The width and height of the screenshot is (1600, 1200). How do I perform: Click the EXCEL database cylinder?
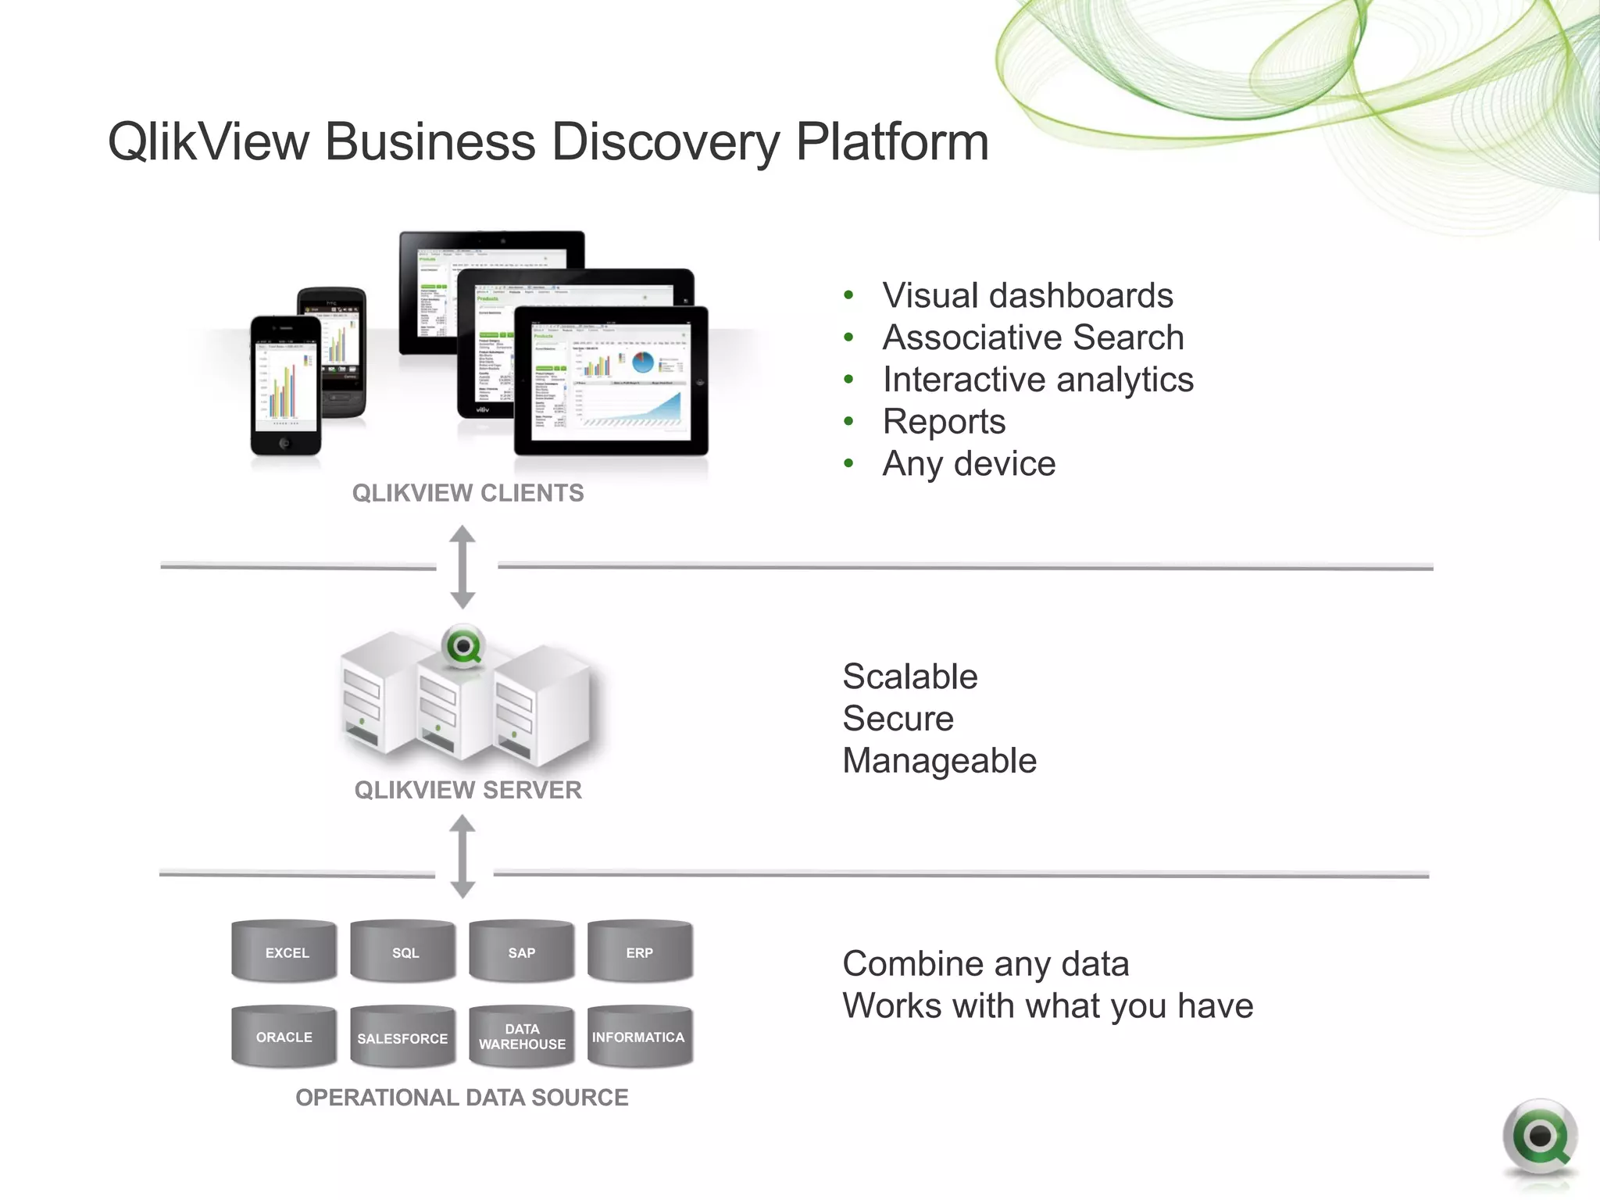(285, 952)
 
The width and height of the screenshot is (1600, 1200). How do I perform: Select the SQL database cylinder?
(404, 952)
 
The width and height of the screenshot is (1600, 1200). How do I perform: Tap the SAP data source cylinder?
(522, 952)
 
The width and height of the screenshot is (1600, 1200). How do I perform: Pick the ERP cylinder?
(640, 952)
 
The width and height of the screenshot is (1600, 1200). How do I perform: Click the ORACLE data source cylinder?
(285, 1037)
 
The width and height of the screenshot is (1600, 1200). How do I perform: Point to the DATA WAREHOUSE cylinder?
(522, 1037)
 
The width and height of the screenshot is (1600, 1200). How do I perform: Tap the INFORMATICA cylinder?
(640, 1037)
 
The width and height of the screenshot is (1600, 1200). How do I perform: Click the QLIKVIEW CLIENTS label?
(468, 493)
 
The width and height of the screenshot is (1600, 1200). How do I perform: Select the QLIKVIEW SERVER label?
(468, 790)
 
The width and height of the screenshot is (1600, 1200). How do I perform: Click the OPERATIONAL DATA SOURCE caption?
(462, 1098)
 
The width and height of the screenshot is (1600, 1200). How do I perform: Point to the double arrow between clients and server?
(462, 567)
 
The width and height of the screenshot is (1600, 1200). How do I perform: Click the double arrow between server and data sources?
(462, 856)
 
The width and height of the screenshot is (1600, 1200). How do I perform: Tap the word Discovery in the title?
(666, 143)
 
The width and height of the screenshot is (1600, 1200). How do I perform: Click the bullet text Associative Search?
(1033, 337)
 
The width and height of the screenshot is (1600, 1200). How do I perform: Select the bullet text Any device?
(969, 464)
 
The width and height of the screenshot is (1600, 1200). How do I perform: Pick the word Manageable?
(939, 761)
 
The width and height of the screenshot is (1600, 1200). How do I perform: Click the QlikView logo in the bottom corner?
(1539, 1137)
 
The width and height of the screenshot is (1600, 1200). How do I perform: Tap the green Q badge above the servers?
(463, 646)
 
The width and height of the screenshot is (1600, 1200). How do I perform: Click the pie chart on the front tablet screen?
(643, 362)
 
